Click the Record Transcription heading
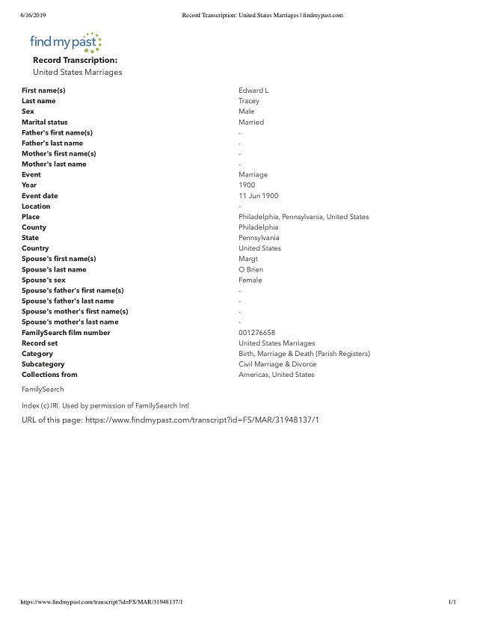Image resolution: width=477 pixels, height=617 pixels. [x=75, y=60]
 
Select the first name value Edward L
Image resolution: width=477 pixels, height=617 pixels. [x=253, y=90]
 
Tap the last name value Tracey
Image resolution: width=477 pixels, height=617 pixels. [x=249, y=101]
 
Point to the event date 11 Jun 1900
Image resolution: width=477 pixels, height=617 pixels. [x=258, y=196]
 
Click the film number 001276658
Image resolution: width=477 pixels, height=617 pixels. [x=256, y=333]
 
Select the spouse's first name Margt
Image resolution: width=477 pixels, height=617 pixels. [x=248, y=259]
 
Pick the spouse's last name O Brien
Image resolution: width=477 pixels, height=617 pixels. [x=250, y=269]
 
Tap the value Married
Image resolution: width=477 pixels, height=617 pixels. [x=251, y=122]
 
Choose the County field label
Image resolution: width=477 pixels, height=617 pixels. [x=34, y=227]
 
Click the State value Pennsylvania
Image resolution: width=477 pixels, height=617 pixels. [x=259, y=238]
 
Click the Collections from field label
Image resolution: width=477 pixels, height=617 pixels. [x=49, y=375]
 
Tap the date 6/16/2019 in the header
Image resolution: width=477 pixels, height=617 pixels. [x=29, y=15]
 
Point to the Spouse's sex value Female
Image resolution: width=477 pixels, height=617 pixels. [x=250, y=280]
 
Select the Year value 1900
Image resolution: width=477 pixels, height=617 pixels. [x=247, y=185]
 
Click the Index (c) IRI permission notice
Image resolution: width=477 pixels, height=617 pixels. [x=105, y=405]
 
